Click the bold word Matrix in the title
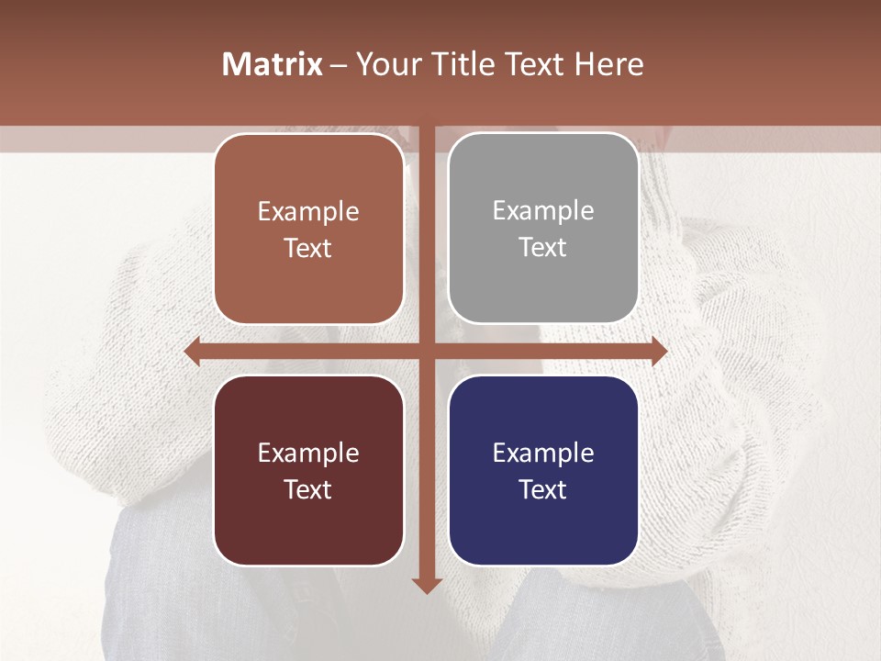[x=273, y=64]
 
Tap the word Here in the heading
[x=609, y=64]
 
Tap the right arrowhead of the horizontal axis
[x=659, y=352]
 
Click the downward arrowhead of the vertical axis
[x=426, y=585]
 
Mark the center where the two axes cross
[x=426, y=352]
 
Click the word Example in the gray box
[x=543, y=211]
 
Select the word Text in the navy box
[x=543, y=490]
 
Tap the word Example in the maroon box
[x=308, y=454]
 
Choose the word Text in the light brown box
[x=308, y=249]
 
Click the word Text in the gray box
[x=543, y=248]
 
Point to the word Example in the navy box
[x=543, y=454]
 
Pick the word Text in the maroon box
[x=308, y=490]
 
